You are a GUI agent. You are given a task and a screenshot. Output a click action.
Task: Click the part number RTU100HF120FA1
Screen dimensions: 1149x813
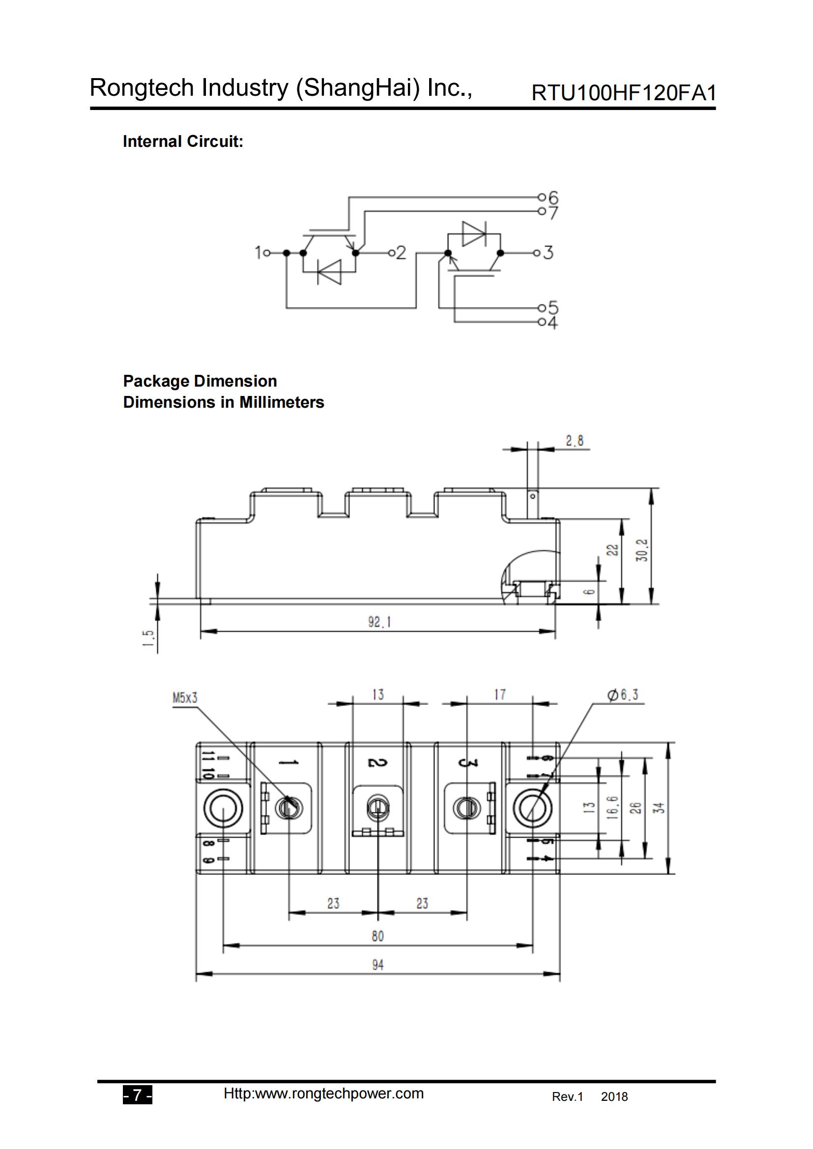pos(623,93)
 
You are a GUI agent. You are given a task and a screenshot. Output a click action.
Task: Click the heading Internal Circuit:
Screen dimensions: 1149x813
pos(183,141)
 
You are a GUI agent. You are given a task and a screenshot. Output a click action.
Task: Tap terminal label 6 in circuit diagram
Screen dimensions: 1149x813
pos(552,197)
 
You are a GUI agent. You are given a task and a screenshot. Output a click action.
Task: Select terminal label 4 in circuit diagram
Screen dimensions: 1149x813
pos(552,323)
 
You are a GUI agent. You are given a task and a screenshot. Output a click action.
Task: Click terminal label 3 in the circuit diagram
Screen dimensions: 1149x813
pos(548,252)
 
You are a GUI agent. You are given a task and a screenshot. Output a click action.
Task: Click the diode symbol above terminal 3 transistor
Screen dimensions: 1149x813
pos(473,234)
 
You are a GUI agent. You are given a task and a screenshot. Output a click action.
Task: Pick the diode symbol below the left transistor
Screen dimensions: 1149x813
pos(330,272)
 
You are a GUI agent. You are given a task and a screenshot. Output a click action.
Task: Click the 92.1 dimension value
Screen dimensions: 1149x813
pos(379,622)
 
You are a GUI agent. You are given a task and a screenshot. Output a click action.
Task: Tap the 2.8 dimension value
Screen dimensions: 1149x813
pos(574,441)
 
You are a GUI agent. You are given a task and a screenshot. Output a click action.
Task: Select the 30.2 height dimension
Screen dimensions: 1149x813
pos(642,550)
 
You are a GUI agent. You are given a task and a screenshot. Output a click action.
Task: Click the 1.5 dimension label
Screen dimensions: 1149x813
pos(148,639)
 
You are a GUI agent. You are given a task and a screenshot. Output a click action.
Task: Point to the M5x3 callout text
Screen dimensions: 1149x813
pos(185,698)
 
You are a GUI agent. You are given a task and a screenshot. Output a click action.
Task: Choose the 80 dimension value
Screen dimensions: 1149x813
pos(377,936)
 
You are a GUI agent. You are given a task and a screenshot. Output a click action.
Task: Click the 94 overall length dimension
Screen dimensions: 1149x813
pos(377,965)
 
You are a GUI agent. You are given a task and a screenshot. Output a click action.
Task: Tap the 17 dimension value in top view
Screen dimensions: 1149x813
pos(499,695)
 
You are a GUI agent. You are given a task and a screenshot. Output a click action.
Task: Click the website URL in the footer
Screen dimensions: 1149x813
pos(323,1093)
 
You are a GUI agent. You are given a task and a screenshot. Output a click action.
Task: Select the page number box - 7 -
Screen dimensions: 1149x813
pos(137,1096)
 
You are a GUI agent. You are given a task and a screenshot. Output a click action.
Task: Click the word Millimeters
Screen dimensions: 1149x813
pos(281,402)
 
